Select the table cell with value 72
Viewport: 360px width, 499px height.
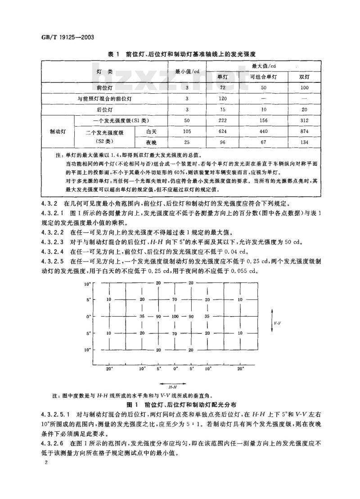coord(222,88)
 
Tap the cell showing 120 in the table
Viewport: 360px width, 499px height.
coord(222,99)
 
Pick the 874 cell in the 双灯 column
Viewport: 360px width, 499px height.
coord(304,132)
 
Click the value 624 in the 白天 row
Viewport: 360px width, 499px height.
coord(222,132)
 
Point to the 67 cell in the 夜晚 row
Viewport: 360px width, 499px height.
coord(264,142)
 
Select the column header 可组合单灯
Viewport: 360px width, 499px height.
coord(264,77)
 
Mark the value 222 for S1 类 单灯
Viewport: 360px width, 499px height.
coord(222,120)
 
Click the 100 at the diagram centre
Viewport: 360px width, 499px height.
coord(175,317)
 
